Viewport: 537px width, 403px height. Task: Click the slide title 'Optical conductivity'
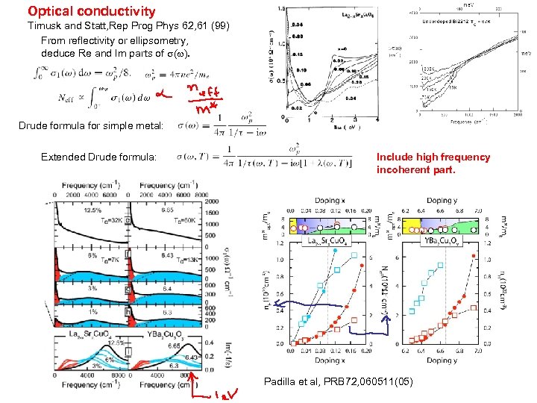click(91, 11)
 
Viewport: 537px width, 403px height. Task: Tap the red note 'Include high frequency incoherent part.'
click(433, 163)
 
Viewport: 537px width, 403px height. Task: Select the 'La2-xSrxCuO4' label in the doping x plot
click(323, 240)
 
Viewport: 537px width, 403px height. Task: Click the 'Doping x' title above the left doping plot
click(315, 201)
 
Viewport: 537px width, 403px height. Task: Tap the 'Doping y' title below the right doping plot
click(440, 360)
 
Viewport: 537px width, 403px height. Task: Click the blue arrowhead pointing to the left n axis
click(276, 305)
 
